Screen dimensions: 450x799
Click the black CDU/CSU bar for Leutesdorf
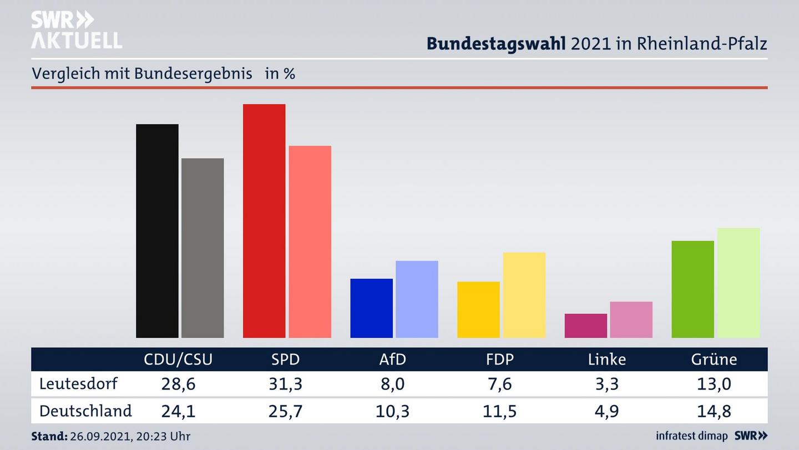click(157, 231)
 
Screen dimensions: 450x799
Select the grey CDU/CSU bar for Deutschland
click(203, 248)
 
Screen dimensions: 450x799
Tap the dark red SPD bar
click(264, 221)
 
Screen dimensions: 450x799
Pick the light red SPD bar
click(310, 242)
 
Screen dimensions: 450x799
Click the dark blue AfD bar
click(371, 308)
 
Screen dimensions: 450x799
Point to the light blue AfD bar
click(417, 299)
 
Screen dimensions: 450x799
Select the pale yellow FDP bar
click(524, 295)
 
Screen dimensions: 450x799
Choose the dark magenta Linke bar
click(585, 326)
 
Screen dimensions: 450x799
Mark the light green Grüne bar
click(738, 283)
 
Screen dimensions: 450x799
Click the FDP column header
click(499, 359)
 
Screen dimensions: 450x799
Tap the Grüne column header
click(714, 359)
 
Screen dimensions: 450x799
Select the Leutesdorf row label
click(78, 383)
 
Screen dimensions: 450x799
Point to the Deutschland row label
click(85, 411)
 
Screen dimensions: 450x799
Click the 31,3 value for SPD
click(285, 384)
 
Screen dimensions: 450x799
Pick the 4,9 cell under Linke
click(606, 412)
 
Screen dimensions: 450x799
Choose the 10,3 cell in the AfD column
click(392, 412)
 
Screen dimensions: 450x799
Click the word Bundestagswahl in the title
click(496, 44)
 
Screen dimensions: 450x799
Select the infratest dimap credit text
click(692, 436)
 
